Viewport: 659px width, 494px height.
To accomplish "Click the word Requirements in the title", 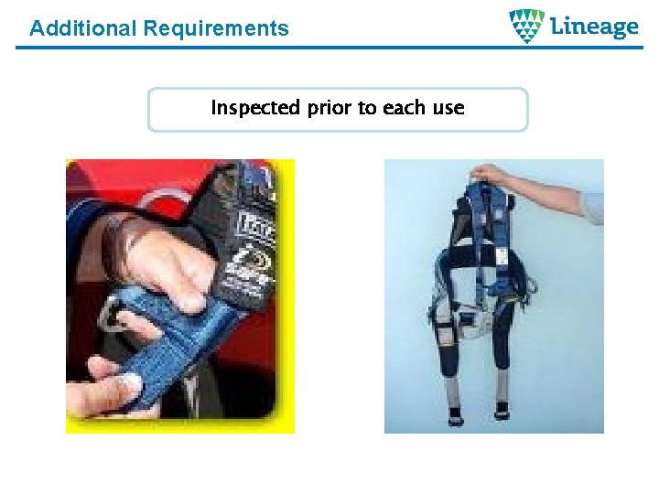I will [x=215, y=28].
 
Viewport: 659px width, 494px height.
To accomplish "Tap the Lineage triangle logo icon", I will [x=527, y=27].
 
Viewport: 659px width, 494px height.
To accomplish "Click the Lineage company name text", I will [x=594, y=27].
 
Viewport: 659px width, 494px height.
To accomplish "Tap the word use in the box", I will [x=448, y=108].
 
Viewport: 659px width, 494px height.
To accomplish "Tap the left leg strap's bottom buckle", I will [x=455, y=414].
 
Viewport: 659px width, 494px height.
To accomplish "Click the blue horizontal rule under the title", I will [x=329, y=47].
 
